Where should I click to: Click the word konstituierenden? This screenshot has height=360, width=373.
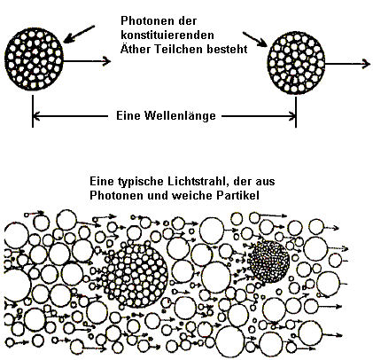click(x=167, y=35)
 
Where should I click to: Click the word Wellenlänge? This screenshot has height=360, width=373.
click(x=180, y=115)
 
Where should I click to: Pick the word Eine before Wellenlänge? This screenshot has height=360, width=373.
click(x=128, y=115)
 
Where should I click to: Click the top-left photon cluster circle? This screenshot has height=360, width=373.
click(x=34, y=59)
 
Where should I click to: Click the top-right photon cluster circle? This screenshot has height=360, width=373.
click(x=296, y=63)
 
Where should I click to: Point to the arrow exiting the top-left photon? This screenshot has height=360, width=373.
click(x=87, y=61)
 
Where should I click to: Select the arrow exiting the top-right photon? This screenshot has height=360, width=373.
click(x=347, y=64)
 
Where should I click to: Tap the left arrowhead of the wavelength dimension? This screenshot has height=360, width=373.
click(x=36, y=116)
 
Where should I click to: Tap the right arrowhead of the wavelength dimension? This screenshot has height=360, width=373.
click(x=292, y=116)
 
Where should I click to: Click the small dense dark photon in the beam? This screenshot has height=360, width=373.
click(x=268, y=261)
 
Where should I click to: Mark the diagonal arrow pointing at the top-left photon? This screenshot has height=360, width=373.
click(x=79, y=34)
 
